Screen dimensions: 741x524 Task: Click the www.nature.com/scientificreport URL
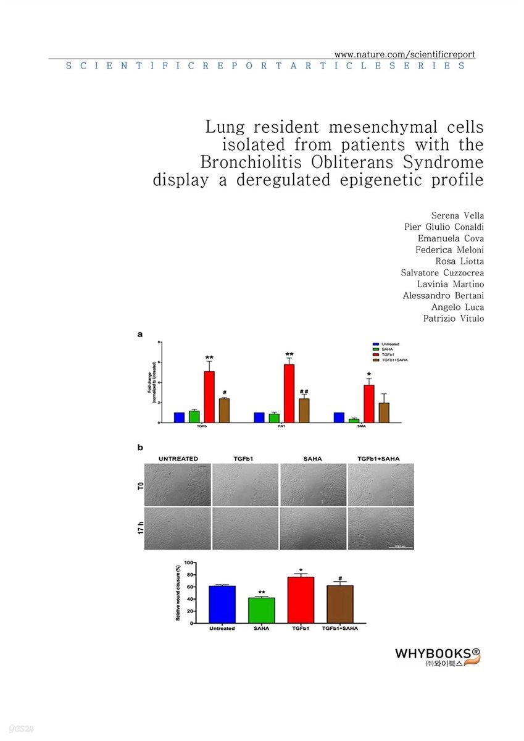[404, 54]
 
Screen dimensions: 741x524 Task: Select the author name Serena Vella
[457, 216]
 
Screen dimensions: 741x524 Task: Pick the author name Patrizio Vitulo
[452, 318]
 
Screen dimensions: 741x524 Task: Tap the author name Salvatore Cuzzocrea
[443, 272]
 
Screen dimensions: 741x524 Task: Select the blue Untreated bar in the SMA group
[339, 417]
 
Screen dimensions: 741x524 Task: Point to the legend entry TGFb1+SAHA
[395, 359]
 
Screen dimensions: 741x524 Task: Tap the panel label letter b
[139, 447]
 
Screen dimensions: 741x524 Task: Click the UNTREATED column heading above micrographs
[178, 459]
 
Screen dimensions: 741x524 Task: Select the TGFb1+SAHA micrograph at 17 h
[380, 529]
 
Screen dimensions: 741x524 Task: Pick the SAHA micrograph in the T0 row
[313, 485]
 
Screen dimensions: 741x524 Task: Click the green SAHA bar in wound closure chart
[261, 610]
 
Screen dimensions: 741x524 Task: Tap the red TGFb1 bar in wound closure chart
[301, 600]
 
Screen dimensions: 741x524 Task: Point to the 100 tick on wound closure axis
[189, 563]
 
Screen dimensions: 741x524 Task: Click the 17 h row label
[141, 529]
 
